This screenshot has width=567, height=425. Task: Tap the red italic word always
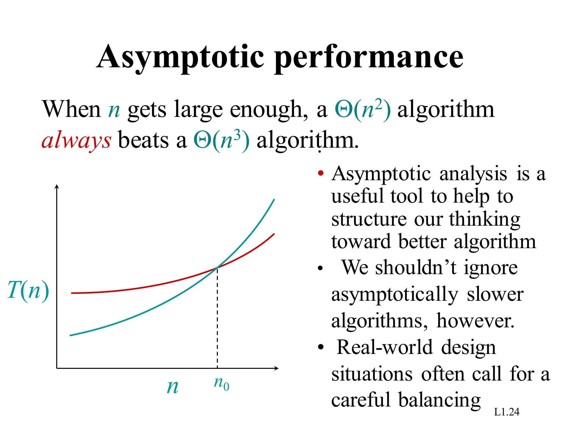coord(76,141)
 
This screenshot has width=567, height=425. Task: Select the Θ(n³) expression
coord(221,141)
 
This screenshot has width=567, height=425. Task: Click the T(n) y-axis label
coord(28,290)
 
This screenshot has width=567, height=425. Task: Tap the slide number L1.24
coord(506,412)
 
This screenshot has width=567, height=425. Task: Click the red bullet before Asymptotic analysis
coord(321,174)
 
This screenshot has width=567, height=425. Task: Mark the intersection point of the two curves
coord(217,268)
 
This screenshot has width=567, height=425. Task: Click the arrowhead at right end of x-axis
coord(276,368)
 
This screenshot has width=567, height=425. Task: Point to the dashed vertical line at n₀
coord(217,318)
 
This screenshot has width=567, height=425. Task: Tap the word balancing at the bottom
coord(439,400)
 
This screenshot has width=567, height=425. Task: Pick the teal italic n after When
coord(114,110)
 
